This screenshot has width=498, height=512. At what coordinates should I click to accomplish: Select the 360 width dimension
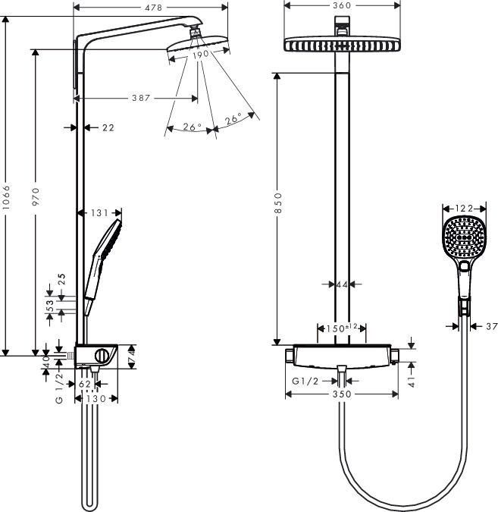(x=341, y=5)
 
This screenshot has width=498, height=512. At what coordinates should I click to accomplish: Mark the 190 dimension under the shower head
(x=199, y=55)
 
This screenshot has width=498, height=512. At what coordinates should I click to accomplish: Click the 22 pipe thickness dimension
(x=108, y=127)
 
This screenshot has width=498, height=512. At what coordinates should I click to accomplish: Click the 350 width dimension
(x=341, y=394)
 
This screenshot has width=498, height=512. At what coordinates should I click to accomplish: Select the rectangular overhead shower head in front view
(x=341, y=44)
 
